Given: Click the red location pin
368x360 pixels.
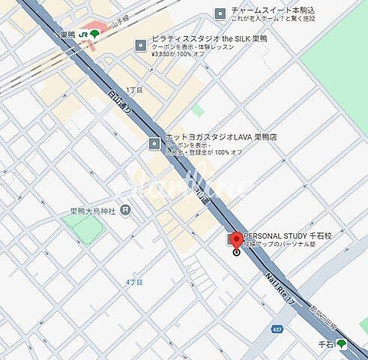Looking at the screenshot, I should pos(235,241).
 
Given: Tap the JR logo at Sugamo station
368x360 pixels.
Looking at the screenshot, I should pos(83,34).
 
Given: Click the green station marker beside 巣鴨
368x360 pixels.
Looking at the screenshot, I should pos(95,34).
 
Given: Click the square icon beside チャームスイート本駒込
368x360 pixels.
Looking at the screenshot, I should pos(220,13).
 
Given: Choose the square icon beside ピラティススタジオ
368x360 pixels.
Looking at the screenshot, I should pos(140,46).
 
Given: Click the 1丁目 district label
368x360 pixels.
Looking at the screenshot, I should pos(134,89).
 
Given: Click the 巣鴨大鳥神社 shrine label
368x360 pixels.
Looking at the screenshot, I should pos(89,209).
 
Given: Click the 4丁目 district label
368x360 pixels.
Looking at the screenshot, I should pos(134,281).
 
